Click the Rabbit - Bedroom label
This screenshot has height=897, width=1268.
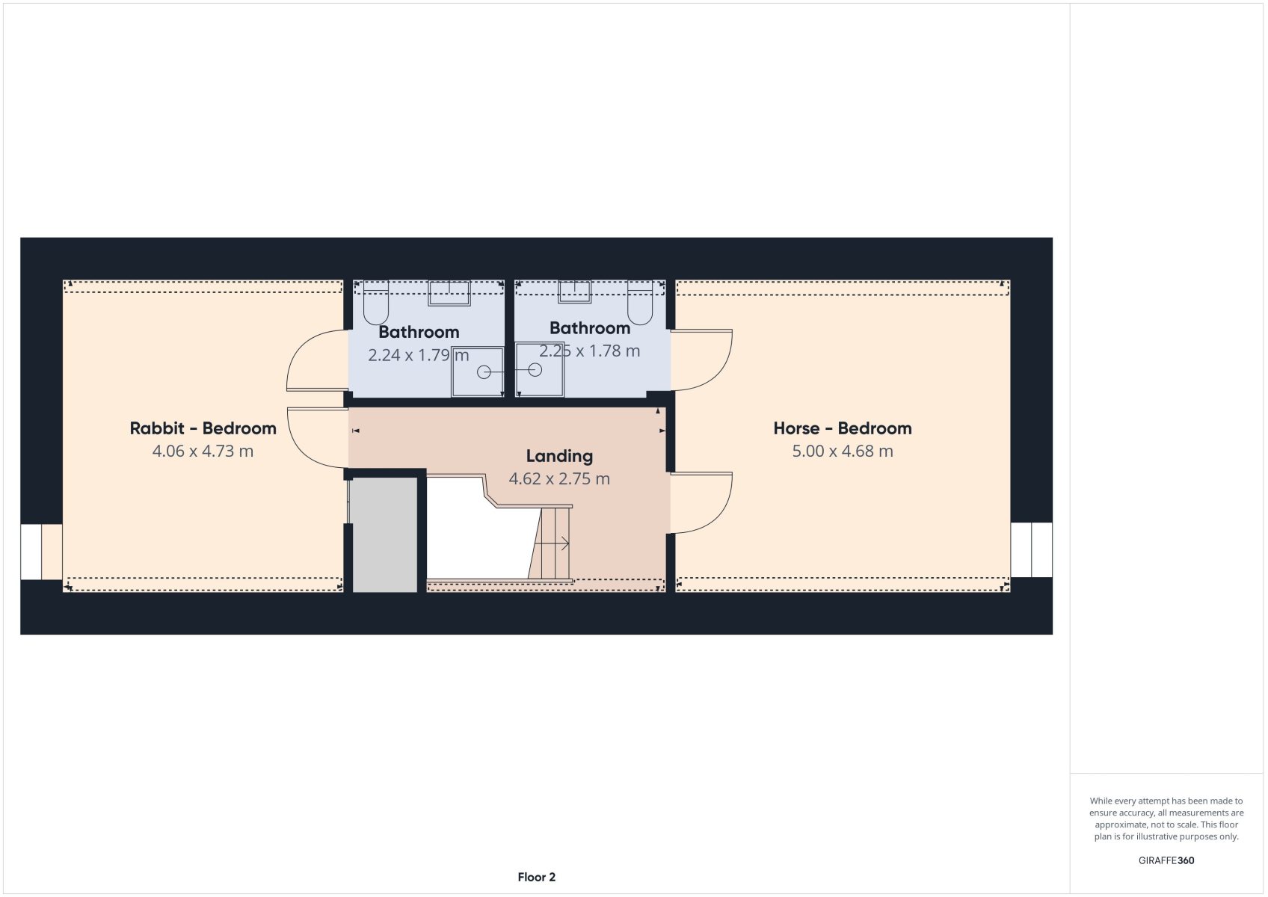point(203,428)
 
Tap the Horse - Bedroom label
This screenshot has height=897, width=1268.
point(843,428)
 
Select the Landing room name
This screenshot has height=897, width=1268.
point(559,456)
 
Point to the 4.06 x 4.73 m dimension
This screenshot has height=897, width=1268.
point(203,451)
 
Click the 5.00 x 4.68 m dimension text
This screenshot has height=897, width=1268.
point(843,451)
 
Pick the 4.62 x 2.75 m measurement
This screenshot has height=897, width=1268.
point(559,479)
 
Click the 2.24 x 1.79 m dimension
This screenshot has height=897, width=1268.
point(419,355)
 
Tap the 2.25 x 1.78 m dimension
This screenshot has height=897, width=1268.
point(589,351)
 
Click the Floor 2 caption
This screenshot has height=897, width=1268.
point(537,878)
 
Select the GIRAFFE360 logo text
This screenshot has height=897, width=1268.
point(1166,860)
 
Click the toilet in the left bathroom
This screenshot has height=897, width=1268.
point(376,303)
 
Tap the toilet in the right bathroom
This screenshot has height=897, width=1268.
point(640,303)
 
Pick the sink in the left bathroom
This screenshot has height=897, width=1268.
point(449,293)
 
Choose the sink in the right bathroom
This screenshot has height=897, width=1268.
point(574,292)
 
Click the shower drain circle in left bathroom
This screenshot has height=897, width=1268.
point(484,372)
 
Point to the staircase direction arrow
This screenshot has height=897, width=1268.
point(552,544)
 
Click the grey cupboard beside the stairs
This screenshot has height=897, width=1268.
point(385,534)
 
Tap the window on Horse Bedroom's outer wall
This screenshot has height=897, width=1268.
point(1032,549)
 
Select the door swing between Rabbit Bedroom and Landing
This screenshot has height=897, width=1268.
point(317,438)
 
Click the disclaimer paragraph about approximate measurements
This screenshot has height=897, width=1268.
point(1166,819)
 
